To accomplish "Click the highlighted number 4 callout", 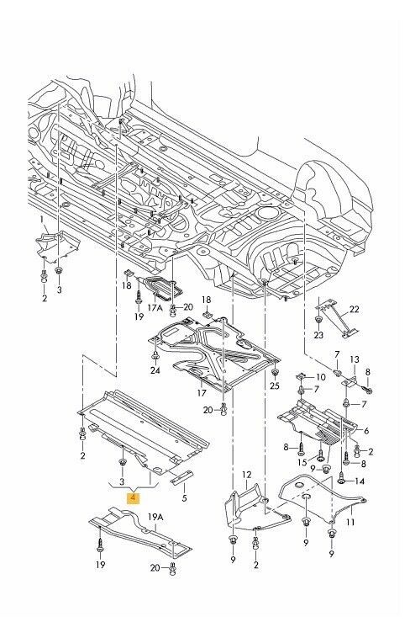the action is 133,497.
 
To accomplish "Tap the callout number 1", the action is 42,221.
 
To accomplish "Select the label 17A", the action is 155,307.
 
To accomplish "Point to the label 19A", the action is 155,517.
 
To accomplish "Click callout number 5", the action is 185,497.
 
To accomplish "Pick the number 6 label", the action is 366,431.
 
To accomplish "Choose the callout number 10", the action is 321,377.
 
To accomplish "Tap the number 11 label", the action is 350,522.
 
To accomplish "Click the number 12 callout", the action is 247,475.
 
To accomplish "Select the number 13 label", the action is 355,359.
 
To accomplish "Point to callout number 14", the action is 360,481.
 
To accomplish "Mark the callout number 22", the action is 354,309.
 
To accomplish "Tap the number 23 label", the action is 318,335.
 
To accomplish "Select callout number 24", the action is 155,370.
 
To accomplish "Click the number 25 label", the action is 275,385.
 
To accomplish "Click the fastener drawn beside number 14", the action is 342,479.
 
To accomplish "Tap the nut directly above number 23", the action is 318,321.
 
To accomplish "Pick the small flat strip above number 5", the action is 182,478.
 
